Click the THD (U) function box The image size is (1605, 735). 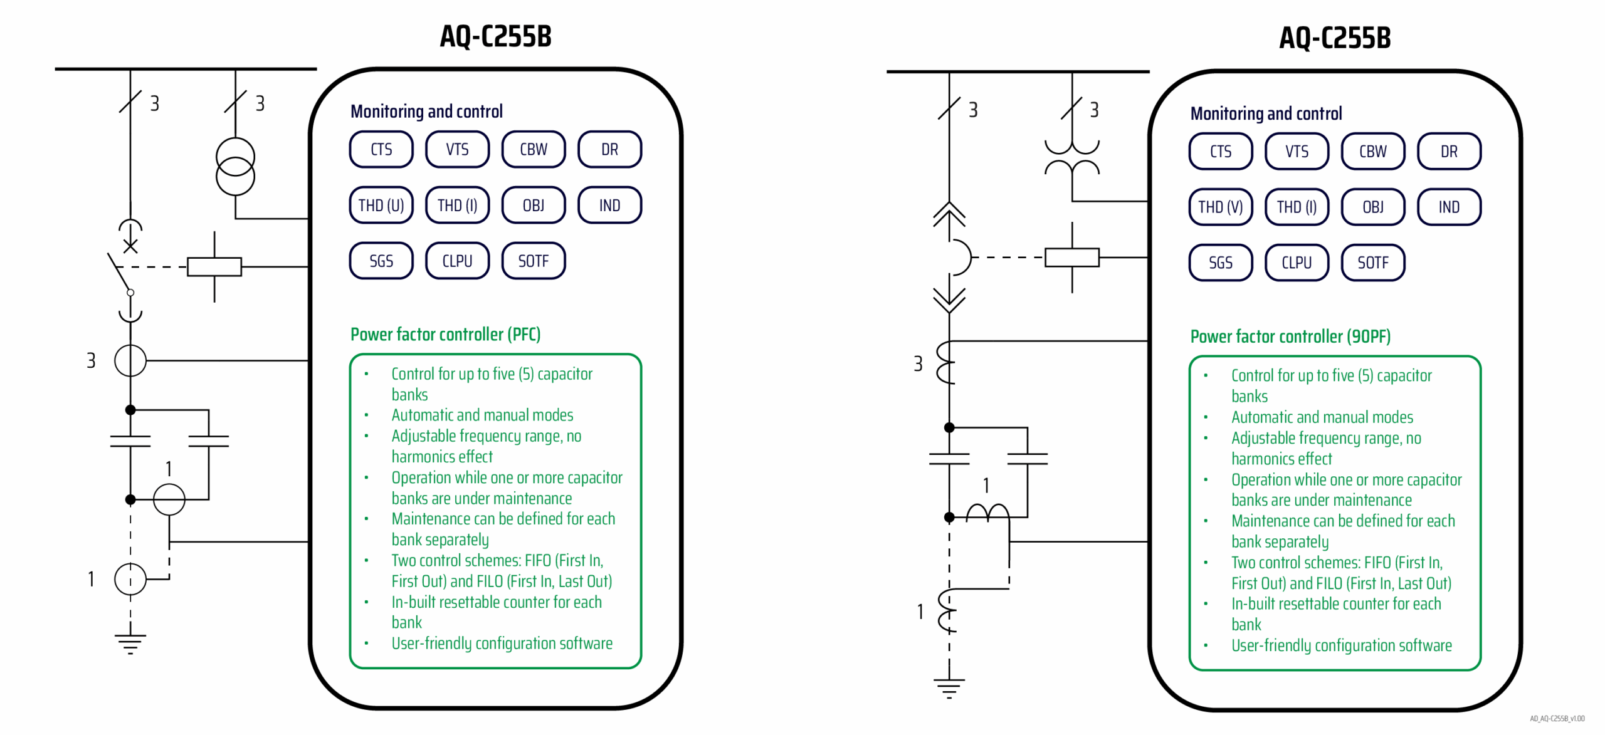[x=381, y=205]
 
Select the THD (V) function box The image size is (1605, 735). [x=1219, y=207]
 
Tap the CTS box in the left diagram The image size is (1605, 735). [x=381, y=149]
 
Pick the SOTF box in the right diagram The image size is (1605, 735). [x=1372, y=263]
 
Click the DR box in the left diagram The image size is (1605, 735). [x=609, y=149]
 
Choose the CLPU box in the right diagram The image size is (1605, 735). [x=1296, y=263]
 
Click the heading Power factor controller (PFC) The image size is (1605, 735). [x=445, y=334]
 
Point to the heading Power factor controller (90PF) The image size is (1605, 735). [x=1290, y=336]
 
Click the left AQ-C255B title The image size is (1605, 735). [x=495, y=36]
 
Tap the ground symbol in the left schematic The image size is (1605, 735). [x=130, y=643]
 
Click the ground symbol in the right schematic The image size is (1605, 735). [x=949, y=687]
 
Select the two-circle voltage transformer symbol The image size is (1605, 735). [x=235, y=167]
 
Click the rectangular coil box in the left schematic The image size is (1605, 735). [x=214, y=266]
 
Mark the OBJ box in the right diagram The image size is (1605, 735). [x=1372, y=207]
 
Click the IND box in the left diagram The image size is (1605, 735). [x=609, y=205]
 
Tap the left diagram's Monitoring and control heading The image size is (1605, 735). [x=426, y=112]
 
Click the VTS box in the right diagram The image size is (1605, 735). [x=1296, y=151]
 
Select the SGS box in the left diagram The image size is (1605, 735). [x=381, y=261]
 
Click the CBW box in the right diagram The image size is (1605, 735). [x=1372, y=151]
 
